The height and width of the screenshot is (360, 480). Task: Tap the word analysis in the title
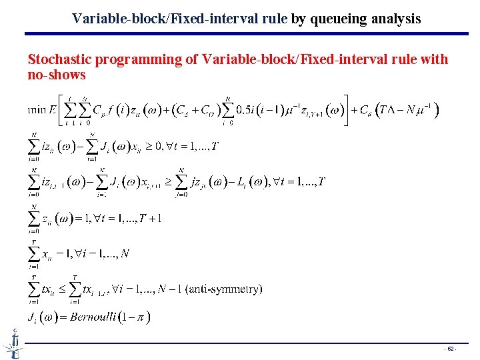(393, 19)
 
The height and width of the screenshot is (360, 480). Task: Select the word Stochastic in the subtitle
(60, 60)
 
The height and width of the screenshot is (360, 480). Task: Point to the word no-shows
(57, 75)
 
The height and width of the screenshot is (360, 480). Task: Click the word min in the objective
(37, 109)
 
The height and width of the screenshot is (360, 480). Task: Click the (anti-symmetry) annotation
(224, 289)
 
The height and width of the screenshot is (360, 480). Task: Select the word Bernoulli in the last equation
(98, 316)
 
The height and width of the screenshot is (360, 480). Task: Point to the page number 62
(451, 349)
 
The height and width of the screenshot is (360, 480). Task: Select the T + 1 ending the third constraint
(152, 217)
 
